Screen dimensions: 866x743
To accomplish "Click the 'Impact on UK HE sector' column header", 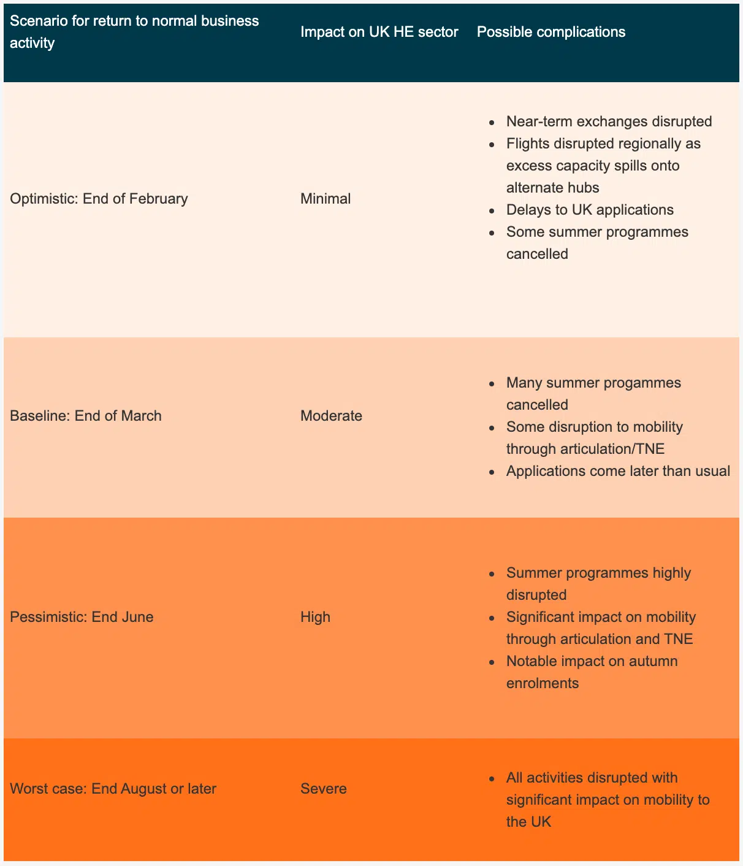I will click(379, 32).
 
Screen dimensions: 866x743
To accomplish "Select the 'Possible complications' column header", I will click(551, 32).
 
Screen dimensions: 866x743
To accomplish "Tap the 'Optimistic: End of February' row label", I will click(99, 199).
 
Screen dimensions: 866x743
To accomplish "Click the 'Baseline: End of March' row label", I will click(86, 416).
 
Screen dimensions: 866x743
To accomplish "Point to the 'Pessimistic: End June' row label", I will click(82, 617).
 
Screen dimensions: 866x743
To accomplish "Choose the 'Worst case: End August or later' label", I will click(113, 789).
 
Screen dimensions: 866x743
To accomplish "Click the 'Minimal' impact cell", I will click(326, 199).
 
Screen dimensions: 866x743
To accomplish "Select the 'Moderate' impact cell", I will click(331, 416).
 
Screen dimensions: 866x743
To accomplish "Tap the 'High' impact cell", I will click(315, 617).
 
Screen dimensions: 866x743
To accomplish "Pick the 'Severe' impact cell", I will click(323, 789).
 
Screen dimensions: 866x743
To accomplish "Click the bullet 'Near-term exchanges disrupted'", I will click(609, 121).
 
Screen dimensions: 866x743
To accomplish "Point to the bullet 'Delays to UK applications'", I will click(590, 210).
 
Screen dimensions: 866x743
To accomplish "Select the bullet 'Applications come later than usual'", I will click(618, 471).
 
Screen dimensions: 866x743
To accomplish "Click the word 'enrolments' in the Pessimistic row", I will click(542, 683).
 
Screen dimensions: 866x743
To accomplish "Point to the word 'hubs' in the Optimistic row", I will click(583, 188).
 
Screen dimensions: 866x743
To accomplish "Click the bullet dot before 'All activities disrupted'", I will click(492, 778).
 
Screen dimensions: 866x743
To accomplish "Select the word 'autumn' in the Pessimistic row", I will click(653, 661).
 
